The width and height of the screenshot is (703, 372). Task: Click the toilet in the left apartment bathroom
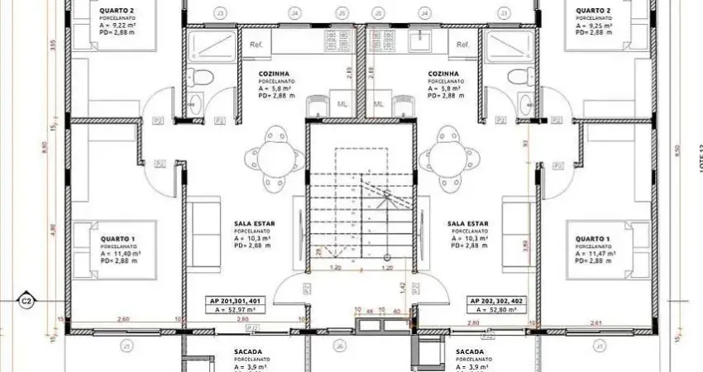coord(202,78)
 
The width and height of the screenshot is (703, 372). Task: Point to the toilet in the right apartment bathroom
coord(519,78)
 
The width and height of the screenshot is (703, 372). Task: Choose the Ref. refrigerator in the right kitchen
coord(462,44)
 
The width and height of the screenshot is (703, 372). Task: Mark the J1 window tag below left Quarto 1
coord(127,344)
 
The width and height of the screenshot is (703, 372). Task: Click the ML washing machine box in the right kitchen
coord(380,104)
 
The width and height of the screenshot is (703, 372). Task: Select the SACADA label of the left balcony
coord(225,351)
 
